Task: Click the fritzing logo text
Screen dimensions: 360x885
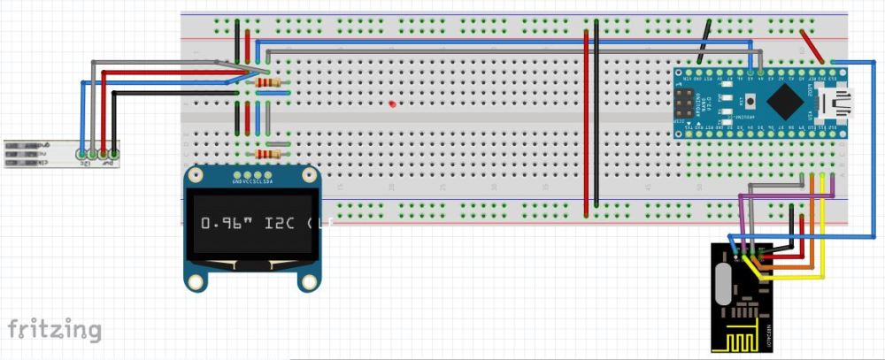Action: (x=54, y=330)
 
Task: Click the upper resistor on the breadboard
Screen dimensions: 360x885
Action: (x=268, y=83)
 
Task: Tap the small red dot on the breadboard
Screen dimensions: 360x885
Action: (x=391, y=104)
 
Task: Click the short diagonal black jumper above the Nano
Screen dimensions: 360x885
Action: (x=704, y=42)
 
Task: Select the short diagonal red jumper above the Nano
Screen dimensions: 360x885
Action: (x=811, y=46)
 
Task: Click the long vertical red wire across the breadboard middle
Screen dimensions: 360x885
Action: (x=586, y=124)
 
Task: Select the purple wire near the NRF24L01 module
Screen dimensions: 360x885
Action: (x=742, y=217)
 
